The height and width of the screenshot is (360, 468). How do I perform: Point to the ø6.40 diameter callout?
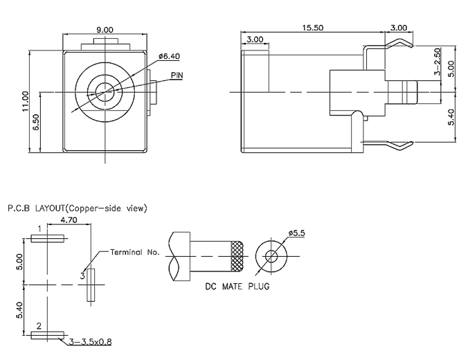170,55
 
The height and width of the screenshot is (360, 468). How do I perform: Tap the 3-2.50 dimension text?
437,63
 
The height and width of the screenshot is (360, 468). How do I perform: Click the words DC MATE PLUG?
237,286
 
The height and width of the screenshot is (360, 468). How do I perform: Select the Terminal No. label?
134,252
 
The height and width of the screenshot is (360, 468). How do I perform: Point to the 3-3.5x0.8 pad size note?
89,341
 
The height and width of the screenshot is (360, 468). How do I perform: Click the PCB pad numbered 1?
48,239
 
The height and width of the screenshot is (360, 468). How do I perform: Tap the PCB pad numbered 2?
48,335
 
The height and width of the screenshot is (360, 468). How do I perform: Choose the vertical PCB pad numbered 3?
89,285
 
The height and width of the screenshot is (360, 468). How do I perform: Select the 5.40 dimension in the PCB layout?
20,310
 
